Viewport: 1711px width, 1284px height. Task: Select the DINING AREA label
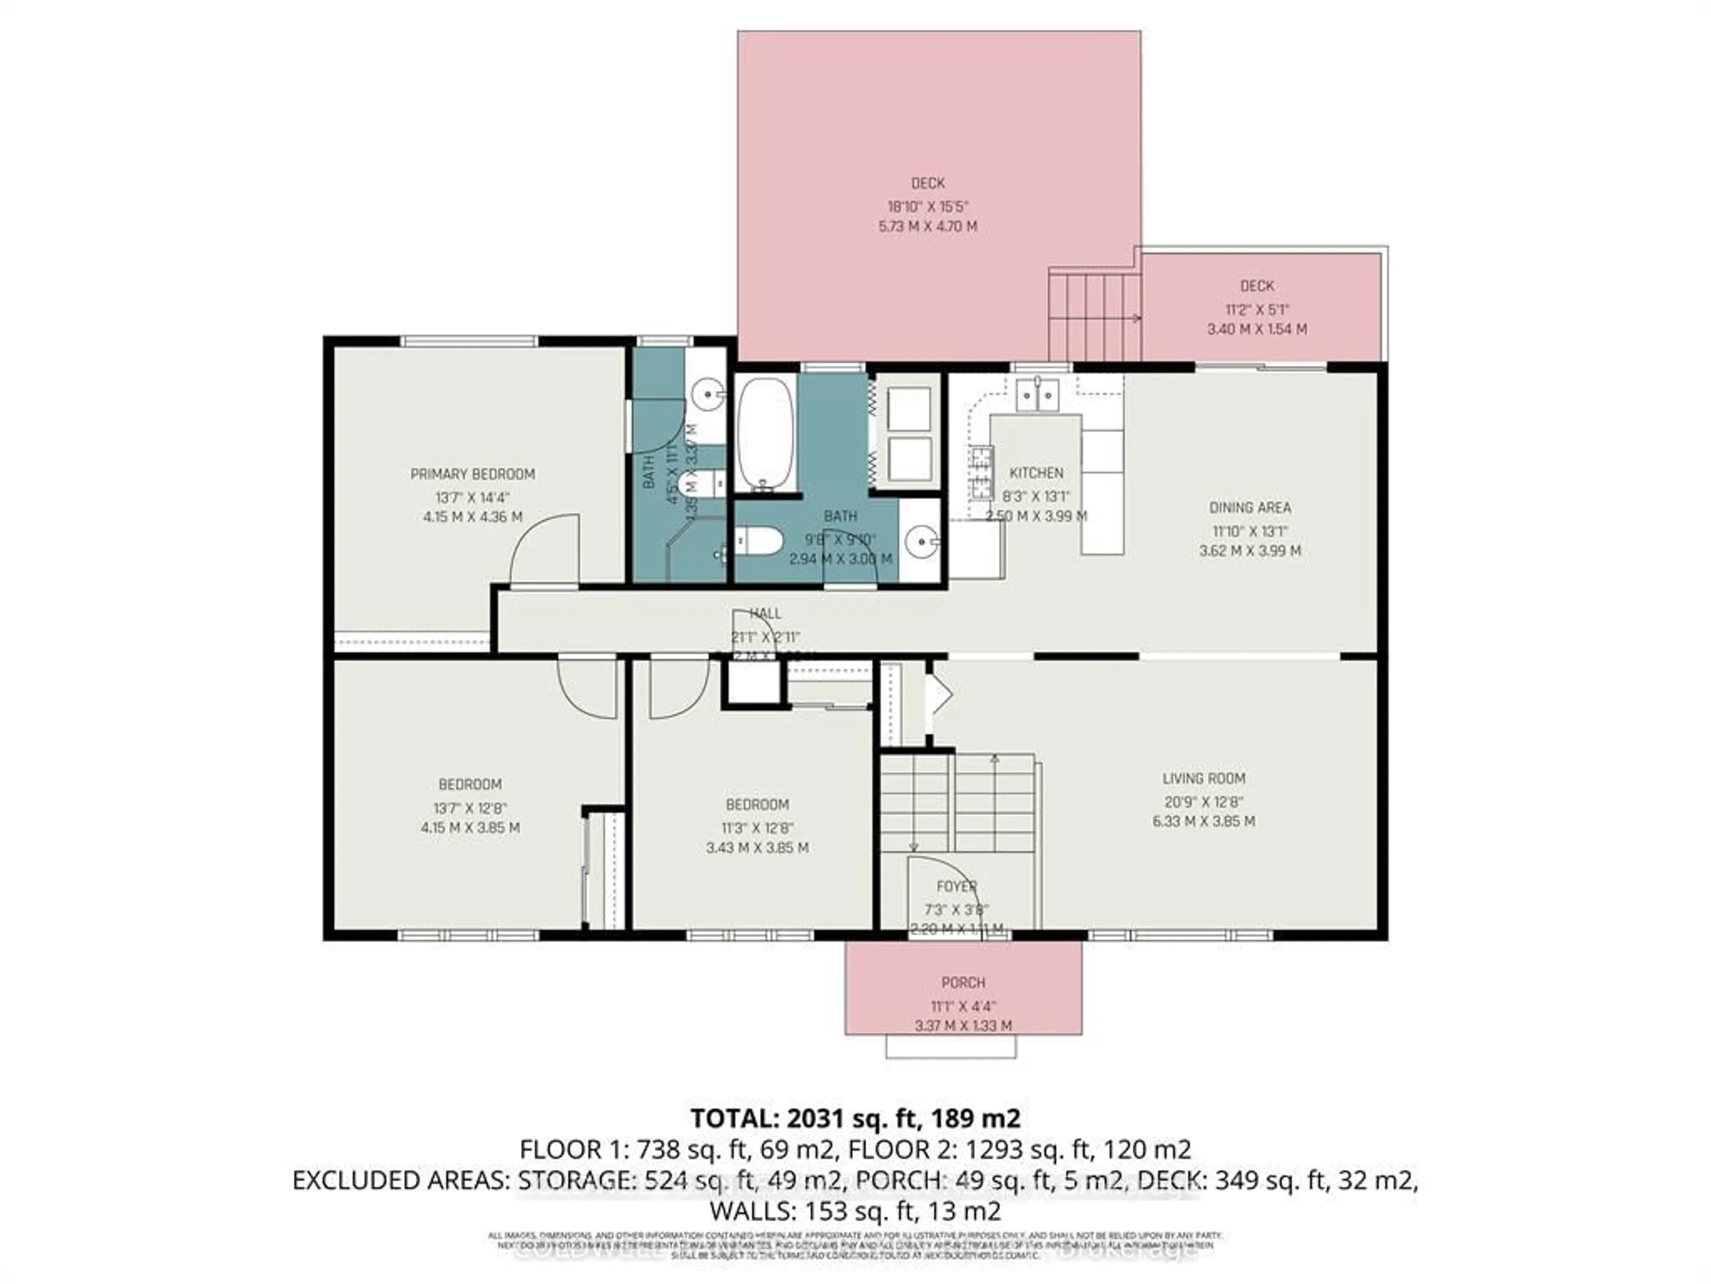(1249, 508)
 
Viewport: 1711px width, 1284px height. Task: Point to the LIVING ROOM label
(1203, 778)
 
